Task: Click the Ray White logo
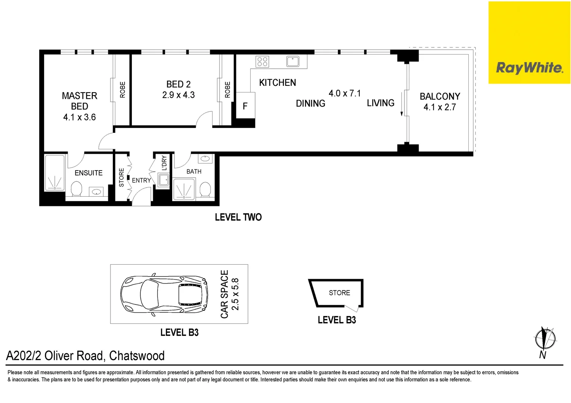[529, 68]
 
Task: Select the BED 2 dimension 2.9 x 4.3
[178, 95]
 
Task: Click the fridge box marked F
[245, 106]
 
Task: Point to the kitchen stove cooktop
[262, 62]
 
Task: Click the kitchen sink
[292, 61]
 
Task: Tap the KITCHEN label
[277, 82]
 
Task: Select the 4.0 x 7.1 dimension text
[344, 93]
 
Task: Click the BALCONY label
[440, 96]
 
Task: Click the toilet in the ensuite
[76, 188]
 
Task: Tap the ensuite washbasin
[97, 192]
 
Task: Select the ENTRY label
[141, 180]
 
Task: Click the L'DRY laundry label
[164, 163]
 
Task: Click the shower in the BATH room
[184, 189]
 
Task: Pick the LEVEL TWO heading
[238, 217]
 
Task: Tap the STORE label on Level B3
[339, 293]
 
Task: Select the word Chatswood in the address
[137, 356]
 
